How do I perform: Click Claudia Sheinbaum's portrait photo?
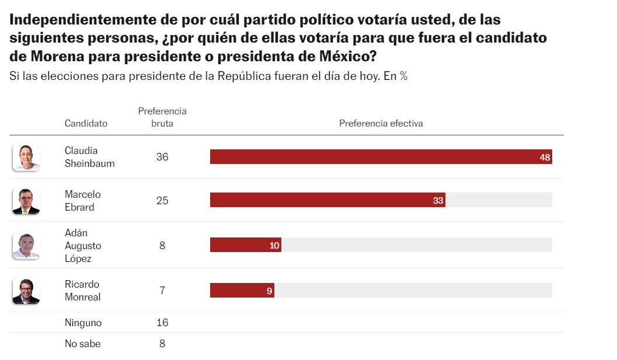coord(26,157)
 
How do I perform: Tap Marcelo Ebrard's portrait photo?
coord(26,201)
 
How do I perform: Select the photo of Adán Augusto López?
coord(26,246)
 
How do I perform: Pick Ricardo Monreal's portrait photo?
coord(26,291)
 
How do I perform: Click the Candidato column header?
coord(86,124)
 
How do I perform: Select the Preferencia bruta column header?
coord(162,117)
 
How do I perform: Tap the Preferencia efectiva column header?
coord(381,124)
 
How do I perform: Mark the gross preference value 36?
coord(162,157)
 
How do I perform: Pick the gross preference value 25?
coord(162,201)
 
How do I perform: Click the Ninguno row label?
coord(83,323)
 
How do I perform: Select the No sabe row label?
coord(82,344)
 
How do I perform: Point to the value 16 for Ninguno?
coord(162,323)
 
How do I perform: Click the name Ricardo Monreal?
coord(82,291)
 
